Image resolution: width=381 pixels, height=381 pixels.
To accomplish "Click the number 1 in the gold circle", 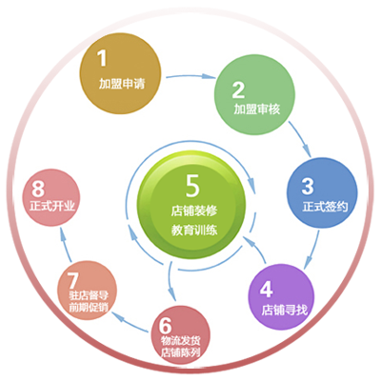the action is click(102, 58).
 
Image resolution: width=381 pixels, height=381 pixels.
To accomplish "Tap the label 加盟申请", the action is click(122, 84).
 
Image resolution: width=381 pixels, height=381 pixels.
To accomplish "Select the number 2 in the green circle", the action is click(238, 90).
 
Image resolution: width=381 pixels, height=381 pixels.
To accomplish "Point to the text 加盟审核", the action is click(257, 109).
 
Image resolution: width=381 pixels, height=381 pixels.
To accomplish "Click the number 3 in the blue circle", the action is click(308, 187).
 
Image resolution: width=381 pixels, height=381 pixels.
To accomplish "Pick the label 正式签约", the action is click(325, 207).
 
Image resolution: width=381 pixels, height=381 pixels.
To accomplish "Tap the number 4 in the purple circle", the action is click(267, 289).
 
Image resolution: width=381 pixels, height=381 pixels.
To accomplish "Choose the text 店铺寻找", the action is click(285, 310).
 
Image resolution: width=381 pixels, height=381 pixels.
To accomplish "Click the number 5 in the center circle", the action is click(192, 186).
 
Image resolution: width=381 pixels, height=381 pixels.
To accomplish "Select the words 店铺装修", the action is click(194, 211).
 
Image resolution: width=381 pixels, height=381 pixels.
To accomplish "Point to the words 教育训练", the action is click(194, 230).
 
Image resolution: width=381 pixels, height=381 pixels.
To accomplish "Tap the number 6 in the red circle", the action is click(165, 326).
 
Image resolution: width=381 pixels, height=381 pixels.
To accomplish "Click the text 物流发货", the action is click(181, 341).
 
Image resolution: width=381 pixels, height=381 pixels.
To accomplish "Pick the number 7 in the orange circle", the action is click(73, 281).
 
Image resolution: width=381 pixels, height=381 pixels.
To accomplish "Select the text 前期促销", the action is click(89, 308).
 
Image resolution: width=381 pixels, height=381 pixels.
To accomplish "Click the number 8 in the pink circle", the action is click(38, 189).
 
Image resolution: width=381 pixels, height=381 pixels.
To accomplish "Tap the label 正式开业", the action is click(52, 207).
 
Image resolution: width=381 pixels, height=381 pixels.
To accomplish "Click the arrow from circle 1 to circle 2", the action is click(190, 76).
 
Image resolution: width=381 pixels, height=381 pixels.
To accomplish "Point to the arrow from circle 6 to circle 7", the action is click(130, 321).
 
